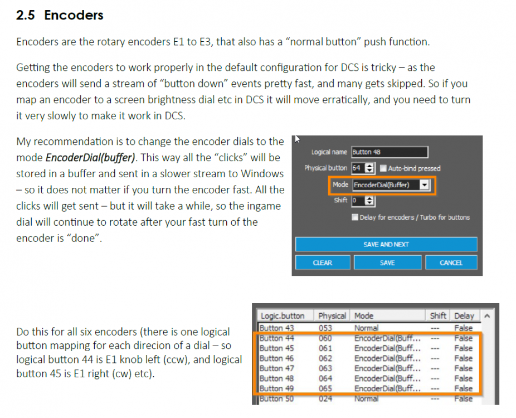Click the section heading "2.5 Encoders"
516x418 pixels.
[60, 15]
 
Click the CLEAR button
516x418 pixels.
[323, 263]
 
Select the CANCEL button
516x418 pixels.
[451, 263]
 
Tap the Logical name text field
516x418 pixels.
[390, 152]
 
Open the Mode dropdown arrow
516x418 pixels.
[425, 184]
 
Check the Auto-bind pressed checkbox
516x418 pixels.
[383, 168]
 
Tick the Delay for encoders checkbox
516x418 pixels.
[356, 217]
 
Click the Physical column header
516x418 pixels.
[333, 315]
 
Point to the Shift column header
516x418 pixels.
[438, 315]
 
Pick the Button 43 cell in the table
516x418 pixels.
[277, 328]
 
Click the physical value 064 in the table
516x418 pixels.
[325, 378]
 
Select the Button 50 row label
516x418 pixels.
[277, 398]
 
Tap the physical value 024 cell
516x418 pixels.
[325, 398]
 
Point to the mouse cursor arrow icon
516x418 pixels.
[297, 139]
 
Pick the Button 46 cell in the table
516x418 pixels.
[277, 358]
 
